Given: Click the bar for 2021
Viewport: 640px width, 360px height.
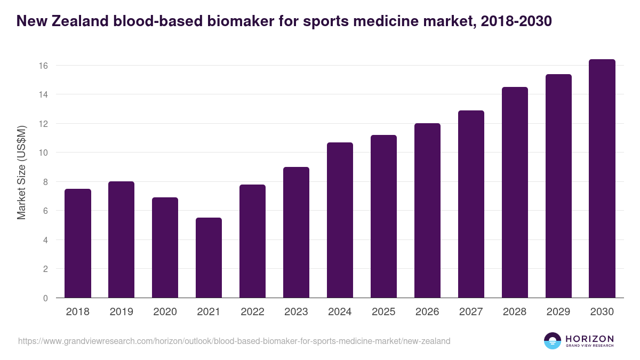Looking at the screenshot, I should click(209, 258).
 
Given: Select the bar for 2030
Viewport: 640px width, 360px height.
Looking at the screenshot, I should click(602, 179).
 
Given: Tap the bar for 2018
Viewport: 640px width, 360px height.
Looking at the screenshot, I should click(77, 243).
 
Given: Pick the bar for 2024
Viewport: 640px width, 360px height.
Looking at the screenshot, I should click(340, 220).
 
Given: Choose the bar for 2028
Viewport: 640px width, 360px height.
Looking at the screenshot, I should click(515, 193).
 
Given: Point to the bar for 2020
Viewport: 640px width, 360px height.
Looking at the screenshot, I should click(165, 247).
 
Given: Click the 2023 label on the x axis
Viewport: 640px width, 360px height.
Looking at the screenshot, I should click(296, 312).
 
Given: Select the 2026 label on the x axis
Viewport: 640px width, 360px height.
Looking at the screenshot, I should click(427, 312).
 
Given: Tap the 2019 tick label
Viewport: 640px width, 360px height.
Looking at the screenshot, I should click(121, 312).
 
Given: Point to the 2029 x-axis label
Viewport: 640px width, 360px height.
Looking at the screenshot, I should click(558, 312).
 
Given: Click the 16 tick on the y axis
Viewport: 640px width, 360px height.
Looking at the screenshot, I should click(43, 66).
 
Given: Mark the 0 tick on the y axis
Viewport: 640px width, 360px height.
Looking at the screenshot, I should click(46, 298).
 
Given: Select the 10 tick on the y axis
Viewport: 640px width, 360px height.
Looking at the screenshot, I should click(43, 153).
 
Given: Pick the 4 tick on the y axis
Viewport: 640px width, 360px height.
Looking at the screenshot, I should click(46, 240).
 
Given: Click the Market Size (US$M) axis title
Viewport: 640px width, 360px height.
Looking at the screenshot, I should click(21, 172).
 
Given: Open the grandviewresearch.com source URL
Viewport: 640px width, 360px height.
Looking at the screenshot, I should click(234, 341).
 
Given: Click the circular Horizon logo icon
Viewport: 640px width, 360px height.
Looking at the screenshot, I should click(552, 341).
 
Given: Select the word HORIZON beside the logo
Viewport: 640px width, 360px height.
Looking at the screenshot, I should click(589, 339).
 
